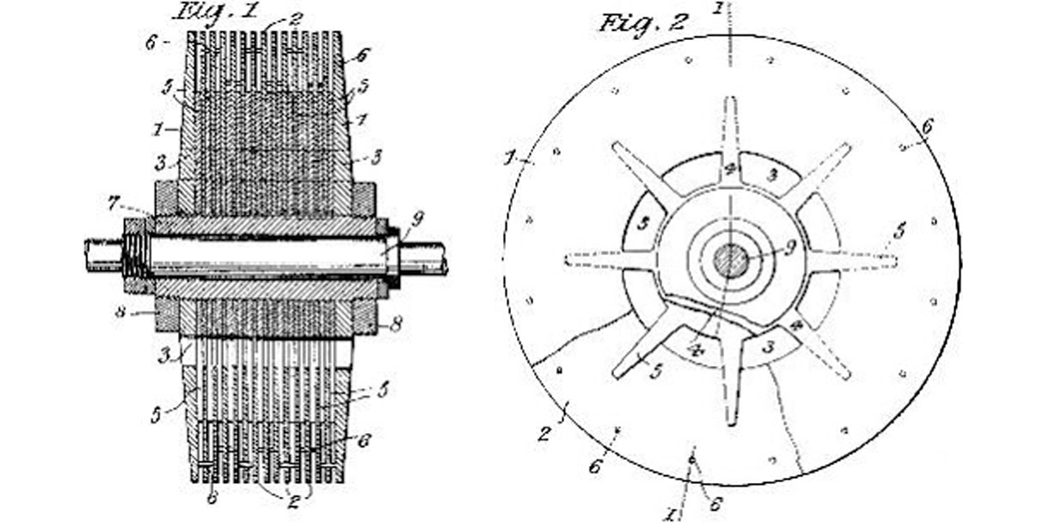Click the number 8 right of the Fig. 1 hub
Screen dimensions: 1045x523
point(396,324)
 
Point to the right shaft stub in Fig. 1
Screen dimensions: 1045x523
point(424,258)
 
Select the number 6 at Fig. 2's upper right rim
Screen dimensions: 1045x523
point(926,127)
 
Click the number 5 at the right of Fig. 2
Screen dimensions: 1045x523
point(899,231)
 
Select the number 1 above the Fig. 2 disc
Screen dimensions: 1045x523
point(718,9)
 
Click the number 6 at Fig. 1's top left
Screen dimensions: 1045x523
point(150,43)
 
